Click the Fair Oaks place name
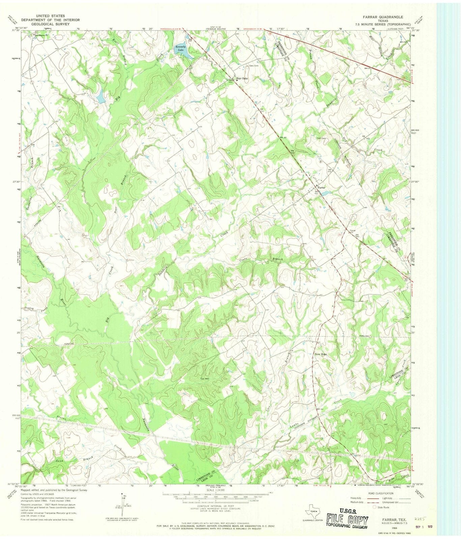pos(242,78)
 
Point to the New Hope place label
pos(321,354)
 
